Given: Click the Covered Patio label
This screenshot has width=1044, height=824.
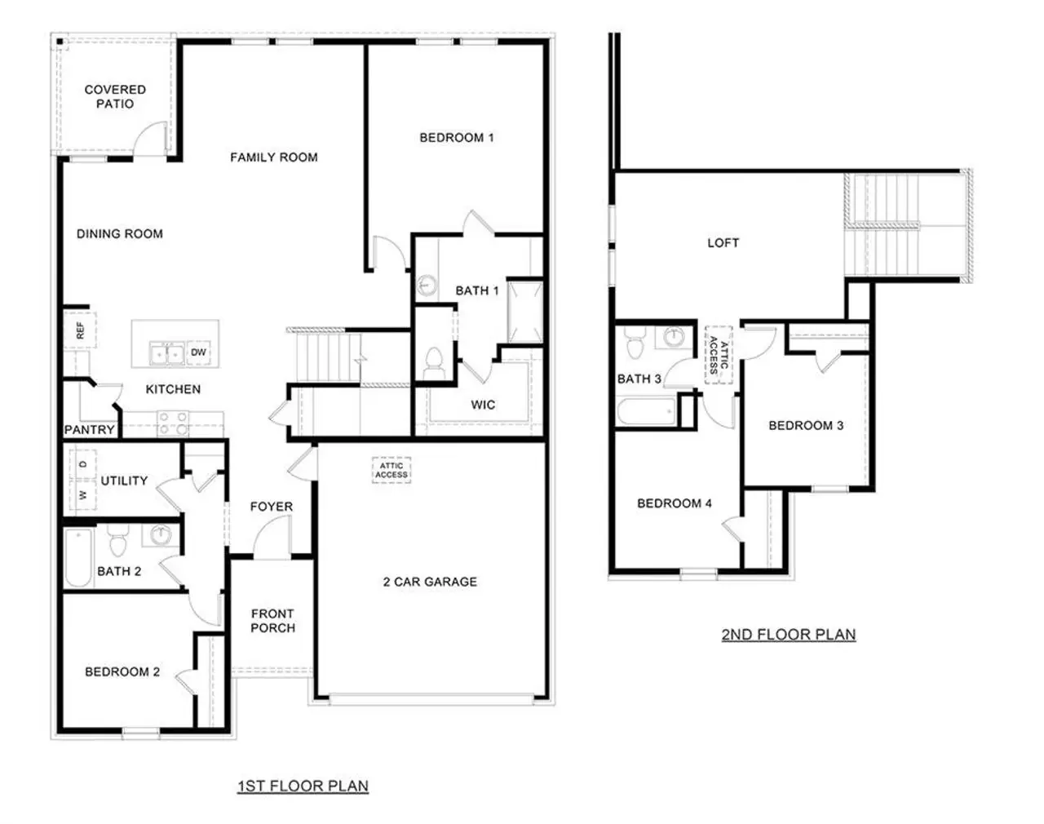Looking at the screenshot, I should tap(115, 96).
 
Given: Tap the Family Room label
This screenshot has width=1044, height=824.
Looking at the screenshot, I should tap(273, 157).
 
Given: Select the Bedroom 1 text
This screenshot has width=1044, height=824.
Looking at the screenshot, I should tap(456, 138).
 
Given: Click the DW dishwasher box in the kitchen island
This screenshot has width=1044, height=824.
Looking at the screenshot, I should tap(198, 352).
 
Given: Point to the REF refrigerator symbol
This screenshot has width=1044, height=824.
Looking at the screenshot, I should tap(80, 330).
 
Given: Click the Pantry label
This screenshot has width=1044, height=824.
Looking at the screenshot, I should tap(89, 430).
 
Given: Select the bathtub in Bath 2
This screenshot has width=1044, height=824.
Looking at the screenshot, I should tap(78, 558).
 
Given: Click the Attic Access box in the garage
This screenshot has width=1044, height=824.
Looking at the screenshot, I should tap(391, 471).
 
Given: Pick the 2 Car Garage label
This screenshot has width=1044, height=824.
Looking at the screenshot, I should tap(430, 582).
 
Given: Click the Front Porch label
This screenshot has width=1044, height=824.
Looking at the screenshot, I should tap(272, 621).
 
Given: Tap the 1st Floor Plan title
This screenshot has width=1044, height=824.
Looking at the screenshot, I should tap(303, 786).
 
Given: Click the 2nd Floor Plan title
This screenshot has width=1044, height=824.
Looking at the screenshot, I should tap(788, 635).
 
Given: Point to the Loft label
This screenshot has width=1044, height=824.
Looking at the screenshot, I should tap(723, 243).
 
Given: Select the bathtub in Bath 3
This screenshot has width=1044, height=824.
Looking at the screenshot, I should tap(646, 410).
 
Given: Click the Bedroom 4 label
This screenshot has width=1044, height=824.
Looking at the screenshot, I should tap(674, 503).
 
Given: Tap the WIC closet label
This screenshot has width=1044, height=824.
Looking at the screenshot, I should tap(482, 405).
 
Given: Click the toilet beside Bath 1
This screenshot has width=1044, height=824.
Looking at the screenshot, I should tap(433, 361).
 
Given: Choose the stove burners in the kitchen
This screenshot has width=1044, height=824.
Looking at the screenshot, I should tap(173, 422).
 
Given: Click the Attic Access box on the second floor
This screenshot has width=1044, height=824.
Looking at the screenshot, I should tap(719, 355).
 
